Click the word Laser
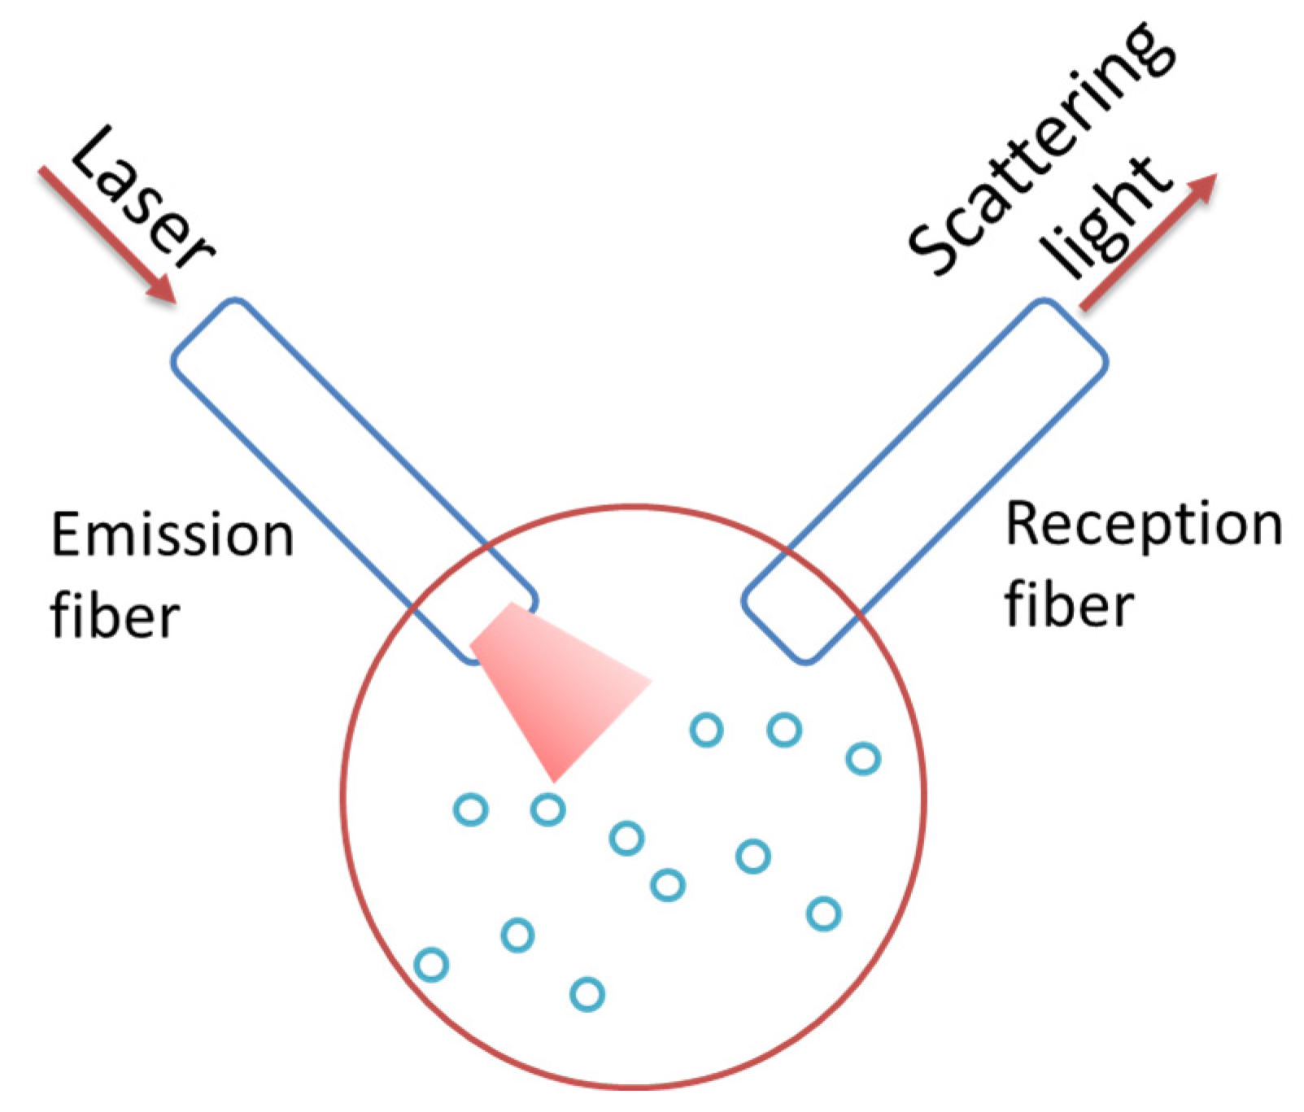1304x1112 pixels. (x=142, y=199)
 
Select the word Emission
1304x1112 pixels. (x=172, y=535)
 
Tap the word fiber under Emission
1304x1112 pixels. (x=115, y=616)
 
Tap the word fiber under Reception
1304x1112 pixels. (x=1069, y=606)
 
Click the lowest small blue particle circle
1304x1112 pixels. (x=587, y=994)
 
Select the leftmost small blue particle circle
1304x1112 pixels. (x=431, y=965)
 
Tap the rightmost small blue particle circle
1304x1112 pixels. (x=863, y=759)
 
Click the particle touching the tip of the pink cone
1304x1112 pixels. (x=547, y=809)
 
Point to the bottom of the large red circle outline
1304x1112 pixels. (x=634, y=1084)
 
